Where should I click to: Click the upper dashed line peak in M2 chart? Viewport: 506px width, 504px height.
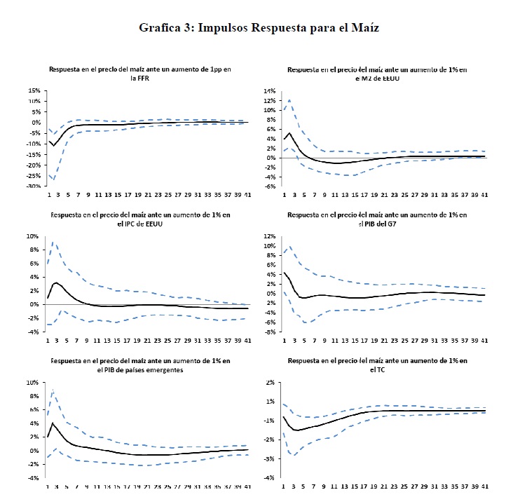pos(289,100)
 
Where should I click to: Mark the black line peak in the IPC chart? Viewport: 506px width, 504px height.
pos(56,282)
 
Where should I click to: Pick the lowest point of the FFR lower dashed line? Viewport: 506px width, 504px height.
pos(53,181)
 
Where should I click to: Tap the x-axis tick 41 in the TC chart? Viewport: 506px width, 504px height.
pos(486,487)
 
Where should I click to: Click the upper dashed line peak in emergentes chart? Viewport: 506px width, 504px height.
pos(53,390)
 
